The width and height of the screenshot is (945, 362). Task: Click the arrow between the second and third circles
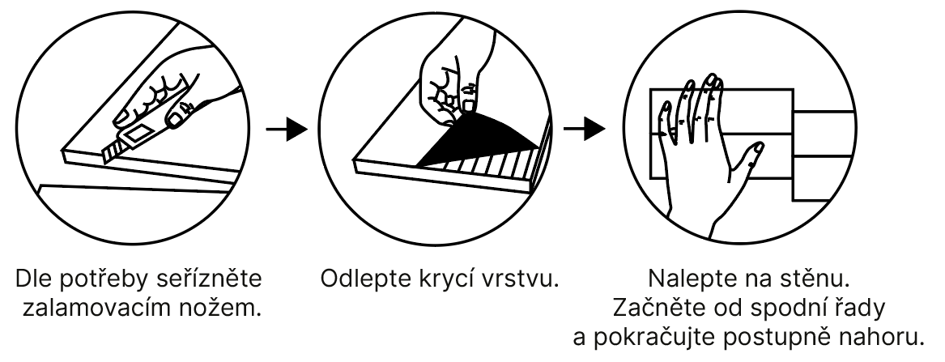point(585,130)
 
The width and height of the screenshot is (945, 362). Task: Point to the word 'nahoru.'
point(887,338)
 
